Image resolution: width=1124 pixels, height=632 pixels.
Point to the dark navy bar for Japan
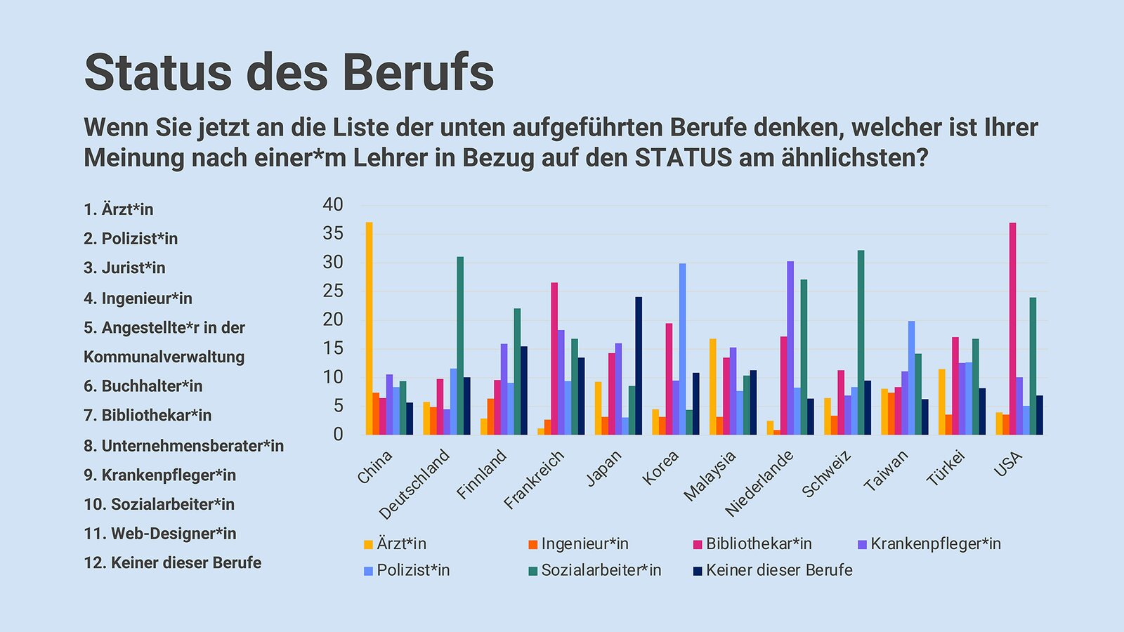click(639, 366)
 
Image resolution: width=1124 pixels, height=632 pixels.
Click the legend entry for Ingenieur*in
click(584, 544)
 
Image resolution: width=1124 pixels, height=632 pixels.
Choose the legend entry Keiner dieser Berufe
click(778, 570)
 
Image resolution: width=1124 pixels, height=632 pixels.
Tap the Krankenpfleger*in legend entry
click(935, 544)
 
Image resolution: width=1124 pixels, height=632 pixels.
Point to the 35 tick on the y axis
click(333, 234)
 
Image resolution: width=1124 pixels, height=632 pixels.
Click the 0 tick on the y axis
click(338, 434)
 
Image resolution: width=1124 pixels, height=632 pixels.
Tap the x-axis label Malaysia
click(710, 475)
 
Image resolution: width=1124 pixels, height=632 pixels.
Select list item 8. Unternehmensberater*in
click(183, 446)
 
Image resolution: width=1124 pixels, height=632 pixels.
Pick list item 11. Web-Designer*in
click(159, 534)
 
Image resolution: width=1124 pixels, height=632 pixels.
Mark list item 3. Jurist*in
click(124, 268)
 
